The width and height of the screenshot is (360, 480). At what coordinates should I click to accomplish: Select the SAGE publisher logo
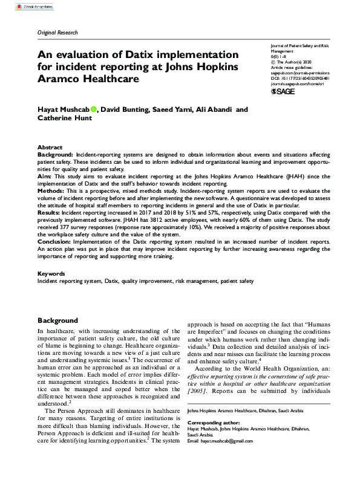point(283,91)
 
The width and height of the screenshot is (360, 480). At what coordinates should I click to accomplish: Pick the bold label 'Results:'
point(50,213)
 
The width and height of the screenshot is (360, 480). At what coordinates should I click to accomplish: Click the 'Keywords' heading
point(51,273)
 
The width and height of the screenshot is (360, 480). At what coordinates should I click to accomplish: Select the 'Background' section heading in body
point(57,320)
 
